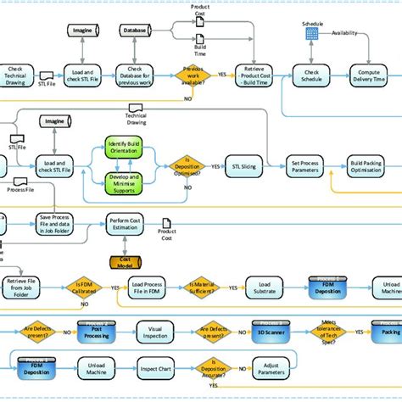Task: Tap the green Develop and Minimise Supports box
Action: [126, 180]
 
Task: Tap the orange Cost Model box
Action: [126, 263]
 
